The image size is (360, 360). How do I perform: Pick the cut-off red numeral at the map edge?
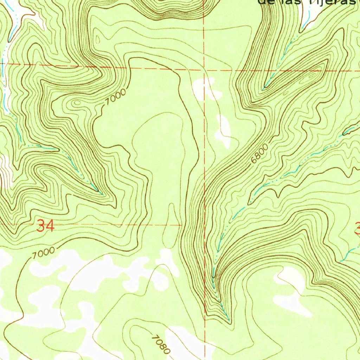[357, 230]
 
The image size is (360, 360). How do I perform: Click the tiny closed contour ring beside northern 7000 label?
[76, 103]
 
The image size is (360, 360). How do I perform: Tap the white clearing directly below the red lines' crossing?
[206, 90]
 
